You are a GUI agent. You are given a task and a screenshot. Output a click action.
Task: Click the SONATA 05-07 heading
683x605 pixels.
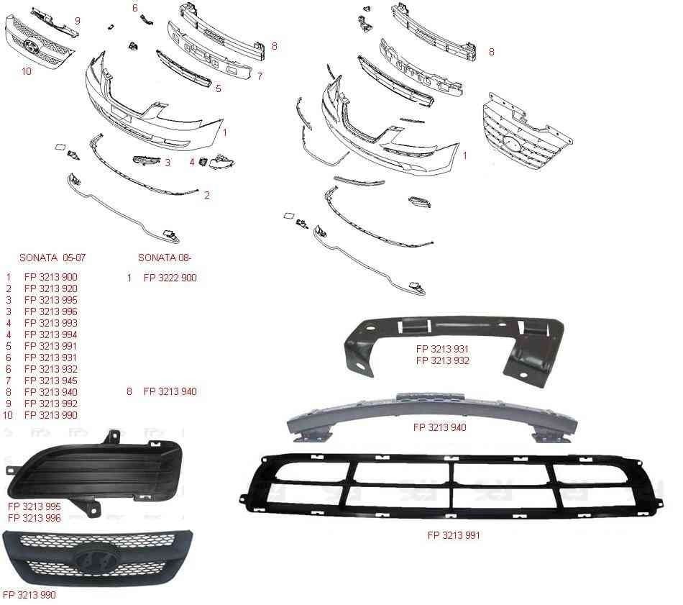[x=52, y=258]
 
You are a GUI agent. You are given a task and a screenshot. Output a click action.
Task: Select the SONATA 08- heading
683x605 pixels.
[x=165, y=258]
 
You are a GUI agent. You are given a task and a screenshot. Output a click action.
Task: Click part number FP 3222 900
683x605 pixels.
[x=170, y=278]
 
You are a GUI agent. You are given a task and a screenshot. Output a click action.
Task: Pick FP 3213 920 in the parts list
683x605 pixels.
[x=51, y=288]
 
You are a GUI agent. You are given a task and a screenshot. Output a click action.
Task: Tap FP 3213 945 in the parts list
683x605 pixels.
[x=51, y=381]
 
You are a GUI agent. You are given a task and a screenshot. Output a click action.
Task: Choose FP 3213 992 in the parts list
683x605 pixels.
[x=51, y=404]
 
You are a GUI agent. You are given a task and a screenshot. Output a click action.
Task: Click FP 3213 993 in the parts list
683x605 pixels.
[x=51, y=323]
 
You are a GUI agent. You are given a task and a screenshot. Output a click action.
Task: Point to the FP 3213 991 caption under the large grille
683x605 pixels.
[x=454, y=535]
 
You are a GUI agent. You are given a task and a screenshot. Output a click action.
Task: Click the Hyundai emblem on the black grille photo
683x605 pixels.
[x=92, y=558]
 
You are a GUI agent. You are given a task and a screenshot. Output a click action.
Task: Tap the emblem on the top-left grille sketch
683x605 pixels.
[x=32, y=45]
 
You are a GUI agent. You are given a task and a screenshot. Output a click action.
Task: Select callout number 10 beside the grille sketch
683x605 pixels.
[x=27, y=71]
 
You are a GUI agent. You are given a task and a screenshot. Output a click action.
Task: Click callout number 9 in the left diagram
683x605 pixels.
[x=78, y=21]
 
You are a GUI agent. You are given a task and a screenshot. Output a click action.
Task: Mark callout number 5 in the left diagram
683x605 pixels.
[x=219, y=88]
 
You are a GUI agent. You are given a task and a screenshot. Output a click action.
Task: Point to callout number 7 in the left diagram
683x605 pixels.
[x=260, y=76]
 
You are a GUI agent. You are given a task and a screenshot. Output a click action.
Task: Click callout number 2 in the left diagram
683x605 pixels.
[x=207, y=195]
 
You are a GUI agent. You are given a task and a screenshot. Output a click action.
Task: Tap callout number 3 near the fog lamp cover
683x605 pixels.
[x=168, y=163]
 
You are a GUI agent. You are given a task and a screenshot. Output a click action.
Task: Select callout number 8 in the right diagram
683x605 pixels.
[x=492, y=52]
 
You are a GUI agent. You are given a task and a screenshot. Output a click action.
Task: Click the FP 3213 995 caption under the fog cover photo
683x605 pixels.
[x=35, y=506]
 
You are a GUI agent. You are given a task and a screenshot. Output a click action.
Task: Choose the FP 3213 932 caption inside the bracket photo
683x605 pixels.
[x=443, y=360]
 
